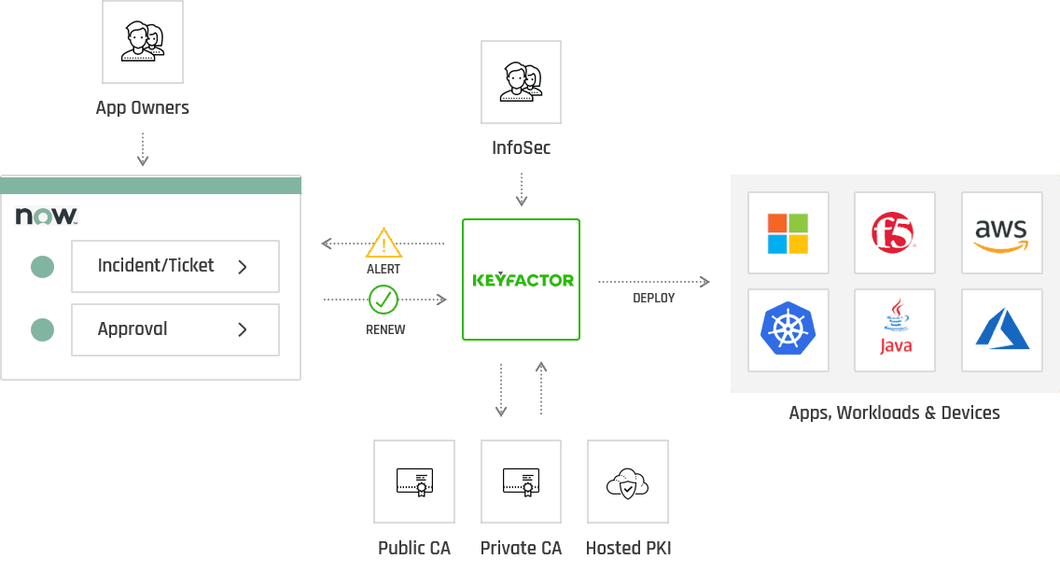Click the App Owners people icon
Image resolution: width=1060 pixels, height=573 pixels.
click(x=143, y=42)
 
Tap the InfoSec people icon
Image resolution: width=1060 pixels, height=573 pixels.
click(x=521, y=82)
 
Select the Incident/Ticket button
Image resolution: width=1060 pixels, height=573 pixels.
click(x=175, y=266)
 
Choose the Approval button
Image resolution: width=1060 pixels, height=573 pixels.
click(x=175, y=329)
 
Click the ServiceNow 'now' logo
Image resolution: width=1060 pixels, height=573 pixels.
click(x=46, y=217)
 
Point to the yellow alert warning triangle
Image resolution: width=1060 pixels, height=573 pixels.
click(x=384, y=244)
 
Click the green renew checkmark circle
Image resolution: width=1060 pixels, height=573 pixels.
click(x=384, y=300)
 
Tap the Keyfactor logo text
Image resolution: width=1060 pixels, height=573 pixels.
click(x=523, y=280)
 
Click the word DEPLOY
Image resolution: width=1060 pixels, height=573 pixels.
click(x=653, y=298)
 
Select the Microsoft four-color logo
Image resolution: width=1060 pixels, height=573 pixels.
click(x=788, y=233)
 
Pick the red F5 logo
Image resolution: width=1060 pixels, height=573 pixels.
click(x=894, y=232)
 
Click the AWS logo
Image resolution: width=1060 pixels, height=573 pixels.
click(x=1000, y=233)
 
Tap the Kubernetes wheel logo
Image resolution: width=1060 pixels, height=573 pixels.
click(x=788, y=329)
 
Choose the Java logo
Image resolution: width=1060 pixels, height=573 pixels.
click(x=895, y=328)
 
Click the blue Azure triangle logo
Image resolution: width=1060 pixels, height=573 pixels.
click(x=1002, y=329)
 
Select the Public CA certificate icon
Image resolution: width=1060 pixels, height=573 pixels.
click(x=414, y=482)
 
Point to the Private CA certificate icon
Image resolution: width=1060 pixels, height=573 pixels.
click(x=521, y=482)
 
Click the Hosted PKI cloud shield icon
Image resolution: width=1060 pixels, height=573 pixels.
click(x=627, y=482)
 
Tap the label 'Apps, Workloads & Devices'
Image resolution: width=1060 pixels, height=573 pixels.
click(x=894, y=412)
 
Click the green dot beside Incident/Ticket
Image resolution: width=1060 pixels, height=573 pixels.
click(x=42, y=267)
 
